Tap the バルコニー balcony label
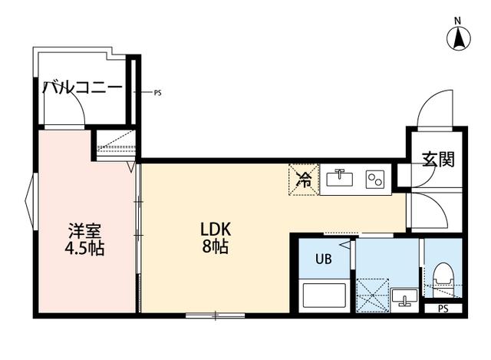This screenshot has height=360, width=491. pyautogui.click(x=82, y=88)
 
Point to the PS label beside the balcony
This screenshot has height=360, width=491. pyautogui.click(x=157, y=93)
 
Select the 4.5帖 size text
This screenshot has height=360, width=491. pyautogui.click(x=84, y=249)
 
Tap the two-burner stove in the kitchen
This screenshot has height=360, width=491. pyautogui.click(x=374, y=179)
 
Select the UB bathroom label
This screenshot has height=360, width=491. pyautogui.click(x=324, y=259)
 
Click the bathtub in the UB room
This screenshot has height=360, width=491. pyautogui.click(x=323, y=296)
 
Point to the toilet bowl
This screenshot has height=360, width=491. pyautogui.click(x=443, y=276)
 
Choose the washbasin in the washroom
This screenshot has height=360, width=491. pyautogui.click(x=404, y=296)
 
